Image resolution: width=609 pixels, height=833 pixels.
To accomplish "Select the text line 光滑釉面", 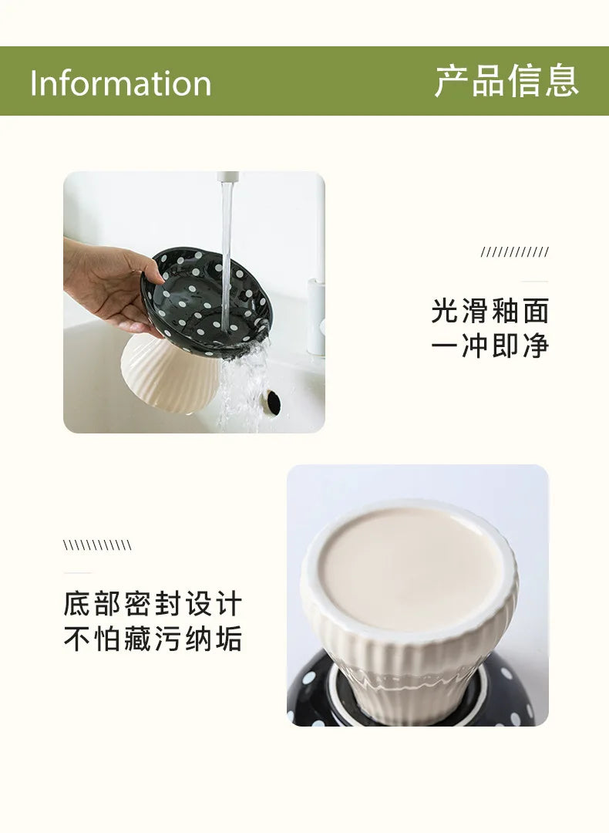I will coord(490,311).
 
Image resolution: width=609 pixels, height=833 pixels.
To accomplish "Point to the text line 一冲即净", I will coord(490,346).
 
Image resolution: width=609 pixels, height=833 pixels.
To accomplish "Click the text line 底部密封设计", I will coord(153,604).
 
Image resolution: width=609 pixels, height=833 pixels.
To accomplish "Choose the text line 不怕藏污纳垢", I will coord(153,639).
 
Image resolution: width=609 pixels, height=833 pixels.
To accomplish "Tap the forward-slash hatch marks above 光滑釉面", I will coord(514,252).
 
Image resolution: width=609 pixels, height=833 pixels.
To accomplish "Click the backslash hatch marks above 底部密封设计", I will coord(97,546).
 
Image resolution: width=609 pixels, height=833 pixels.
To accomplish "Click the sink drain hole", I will coord(271,399).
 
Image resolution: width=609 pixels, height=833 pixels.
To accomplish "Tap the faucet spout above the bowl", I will coord(227,178).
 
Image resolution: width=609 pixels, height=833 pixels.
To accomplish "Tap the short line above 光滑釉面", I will coord(534,282).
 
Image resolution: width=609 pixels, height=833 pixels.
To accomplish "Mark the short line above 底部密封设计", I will coord(77,573).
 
